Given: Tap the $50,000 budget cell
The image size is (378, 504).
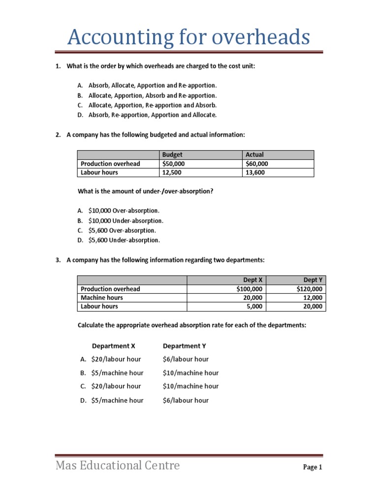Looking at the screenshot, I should (x=174, y=164).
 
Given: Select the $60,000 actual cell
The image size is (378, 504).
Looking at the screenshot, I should (x=257, y=164).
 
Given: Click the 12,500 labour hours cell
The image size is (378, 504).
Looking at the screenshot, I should (x=172, y=172).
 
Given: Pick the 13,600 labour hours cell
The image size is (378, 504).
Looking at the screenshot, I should (x=255, y=172).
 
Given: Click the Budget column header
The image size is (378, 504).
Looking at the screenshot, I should (x=172, y=155).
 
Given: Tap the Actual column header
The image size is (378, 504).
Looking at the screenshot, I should (x=254, y=155).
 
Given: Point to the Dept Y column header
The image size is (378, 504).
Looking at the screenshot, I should (x=314, y=280).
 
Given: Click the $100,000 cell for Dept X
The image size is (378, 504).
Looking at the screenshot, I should (x=250, y=289).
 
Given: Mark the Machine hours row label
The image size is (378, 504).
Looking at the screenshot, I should (x=102, y=298).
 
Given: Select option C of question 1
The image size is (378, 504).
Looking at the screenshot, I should (x=152, y=105).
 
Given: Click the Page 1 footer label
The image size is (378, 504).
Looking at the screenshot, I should (x=312, y=468).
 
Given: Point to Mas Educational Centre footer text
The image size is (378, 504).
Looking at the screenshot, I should (x=118, y=465).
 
